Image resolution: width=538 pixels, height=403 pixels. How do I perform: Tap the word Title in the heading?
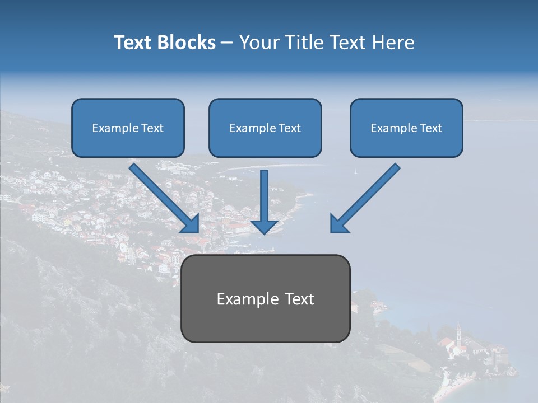point(303,43)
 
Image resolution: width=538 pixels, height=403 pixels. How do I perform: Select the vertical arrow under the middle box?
point(265,196)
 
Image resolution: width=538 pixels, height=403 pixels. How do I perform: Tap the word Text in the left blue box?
point(152,128)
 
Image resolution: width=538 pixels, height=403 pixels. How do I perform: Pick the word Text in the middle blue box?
point(290,128)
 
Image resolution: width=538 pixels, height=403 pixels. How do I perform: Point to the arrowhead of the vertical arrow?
point(265,226)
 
